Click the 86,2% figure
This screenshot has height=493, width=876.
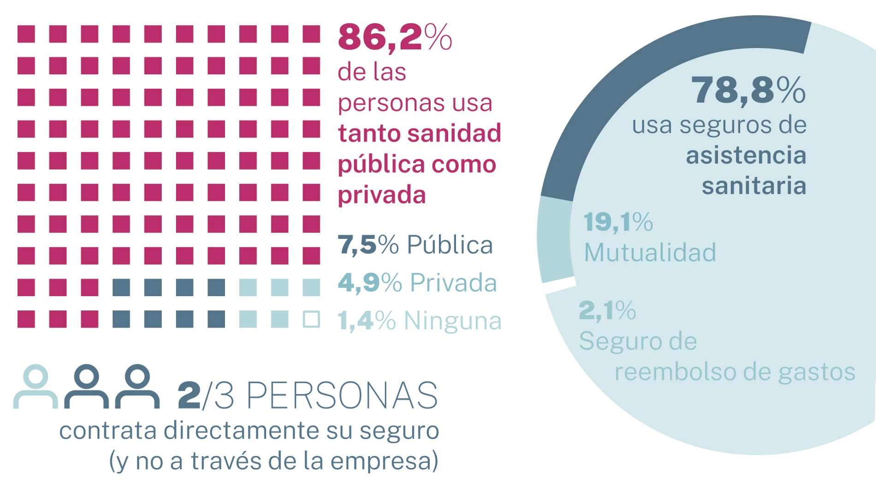coord(394,37)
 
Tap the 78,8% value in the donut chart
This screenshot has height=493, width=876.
coord(747,90)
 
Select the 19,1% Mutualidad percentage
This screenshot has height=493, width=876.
coord(618,222)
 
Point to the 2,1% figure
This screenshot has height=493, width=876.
coord(607,310)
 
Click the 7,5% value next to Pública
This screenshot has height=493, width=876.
coord(367,244)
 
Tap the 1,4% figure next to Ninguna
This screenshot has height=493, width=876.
coord(367,321)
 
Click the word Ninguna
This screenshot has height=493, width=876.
coord(452,321)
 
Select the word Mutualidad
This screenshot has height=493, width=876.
coord(650,253)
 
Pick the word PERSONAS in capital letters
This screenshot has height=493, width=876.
coord(342,396)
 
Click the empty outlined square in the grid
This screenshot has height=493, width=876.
coord(311,319)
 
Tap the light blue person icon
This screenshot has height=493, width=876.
coord(36,386)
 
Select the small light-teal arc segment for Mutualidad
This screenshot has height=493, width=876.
coord(554,240)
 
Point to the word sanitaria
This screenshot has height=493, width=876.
coord(754,186)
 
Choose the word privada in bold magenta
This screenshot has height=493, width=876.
coord(382,195)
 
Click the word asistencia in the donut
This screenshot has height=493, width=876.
coord(746,155)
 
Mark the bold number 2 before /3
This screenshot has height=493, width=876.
coord(189,396)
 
